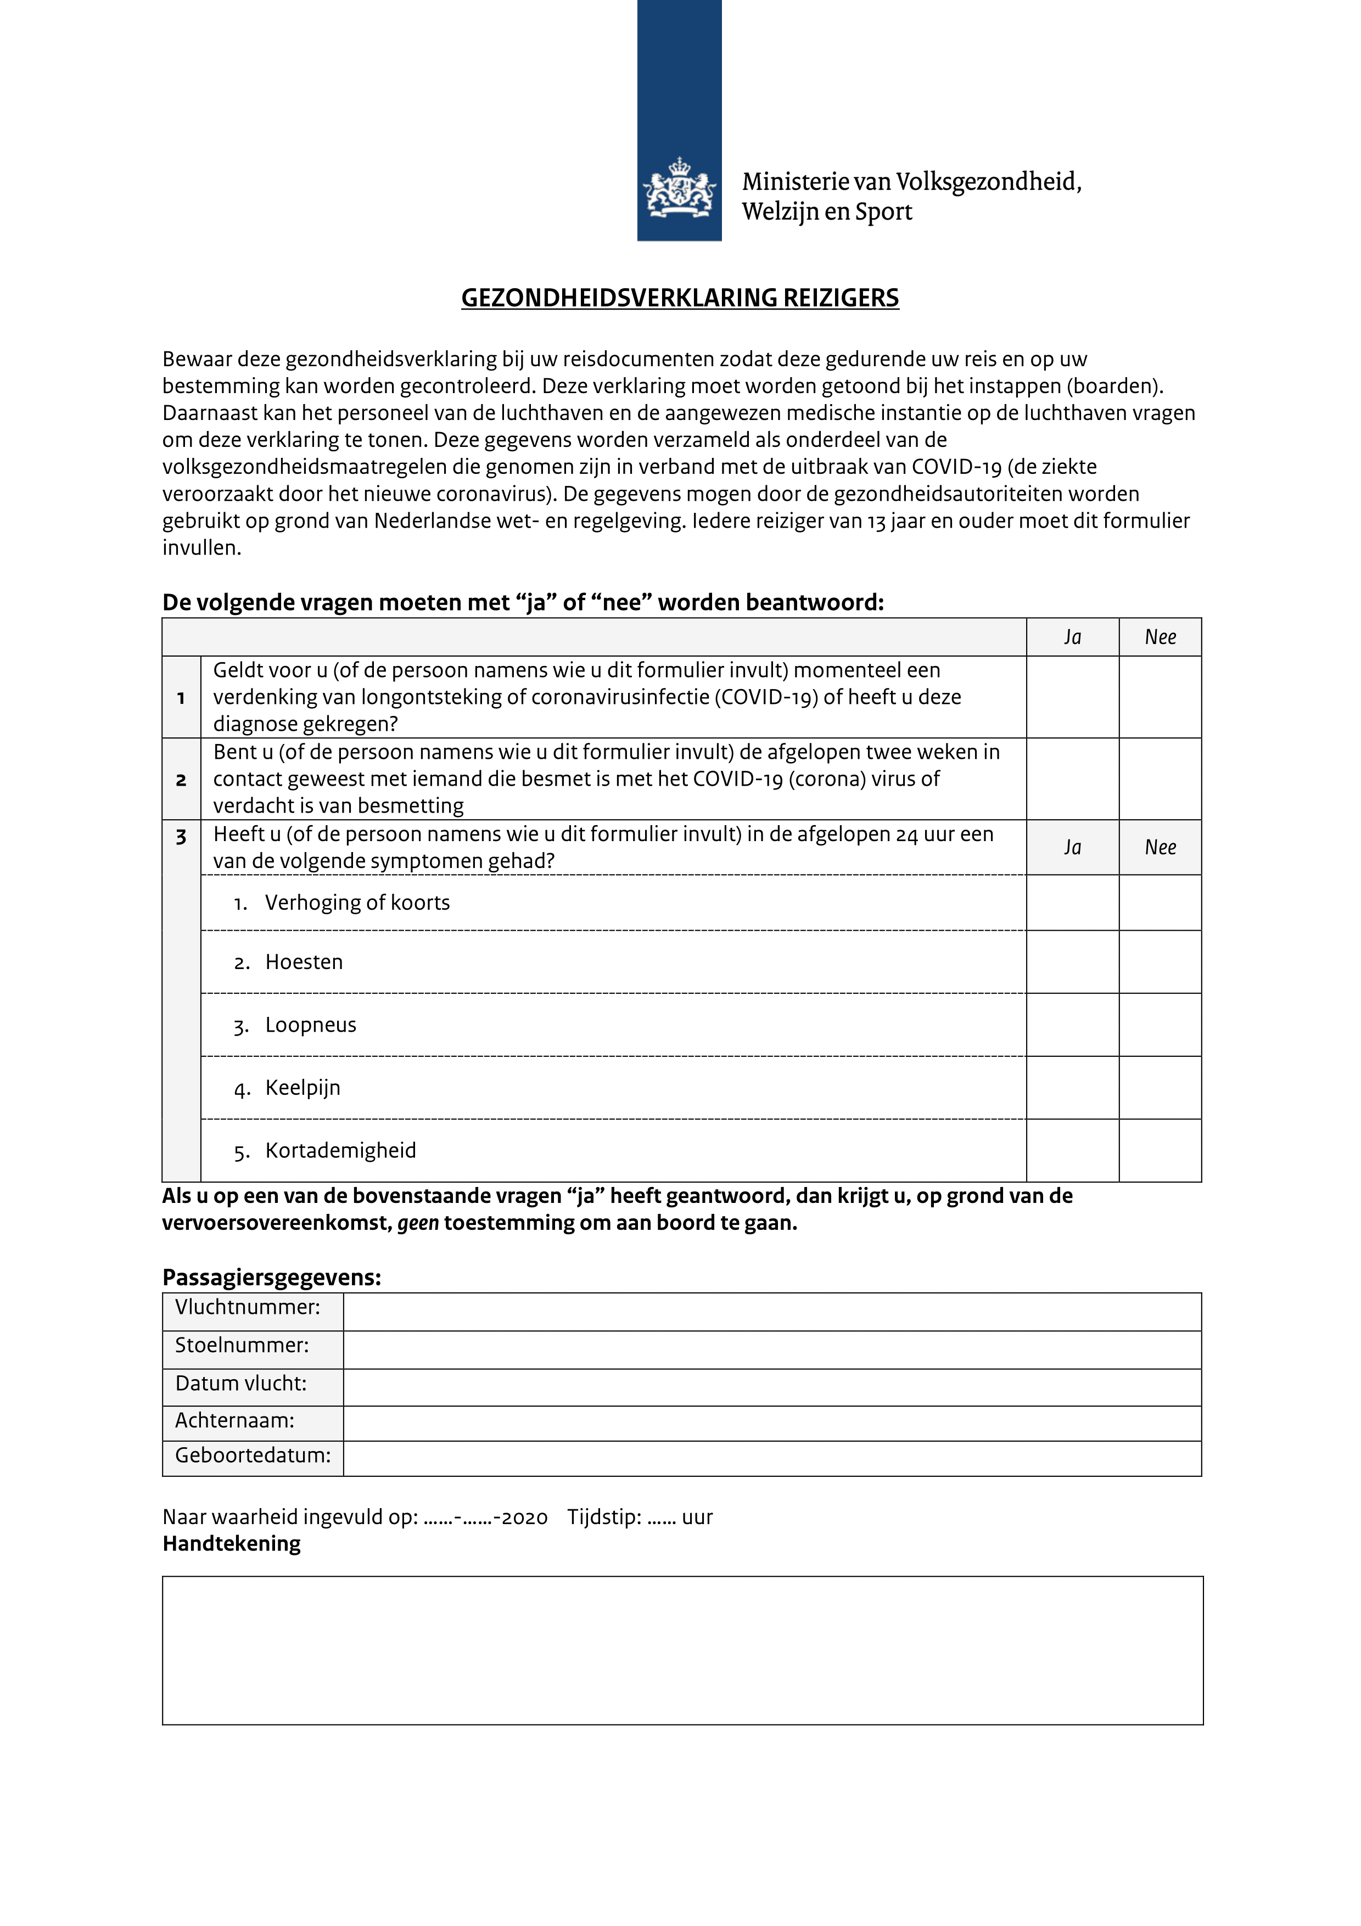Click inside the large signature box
(682, 1650)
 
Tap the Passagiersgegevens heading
(272, 1278)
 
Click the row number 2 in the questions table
(181, 780)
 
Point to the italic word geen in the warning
(418, 1223)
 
